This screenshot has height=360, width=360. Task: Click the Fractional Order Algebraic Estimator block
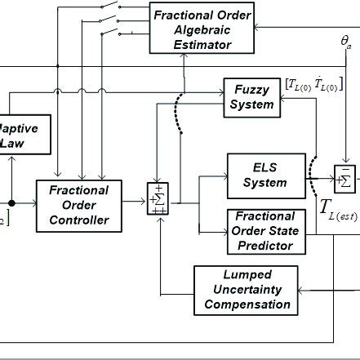click(x=202, y=27)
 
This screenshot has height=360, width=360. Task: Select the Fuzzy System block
click(x=251, y=96)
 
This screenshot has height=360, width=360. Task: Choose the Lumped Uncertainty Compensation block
click(x=247, y=289)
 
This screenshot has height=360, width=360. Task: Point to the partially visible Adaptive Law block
click(x=24, y=136)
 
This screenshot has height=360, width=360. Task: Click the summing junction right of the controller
click(x=156, y=200)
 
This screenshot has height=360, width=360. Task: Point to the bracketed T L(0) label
click(x=313, y=84)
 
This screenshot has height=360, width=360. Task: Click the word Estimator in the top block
click(x=202, y=46)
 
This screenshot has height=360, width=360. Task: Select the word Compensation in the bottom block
click(x=247, y=304)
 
